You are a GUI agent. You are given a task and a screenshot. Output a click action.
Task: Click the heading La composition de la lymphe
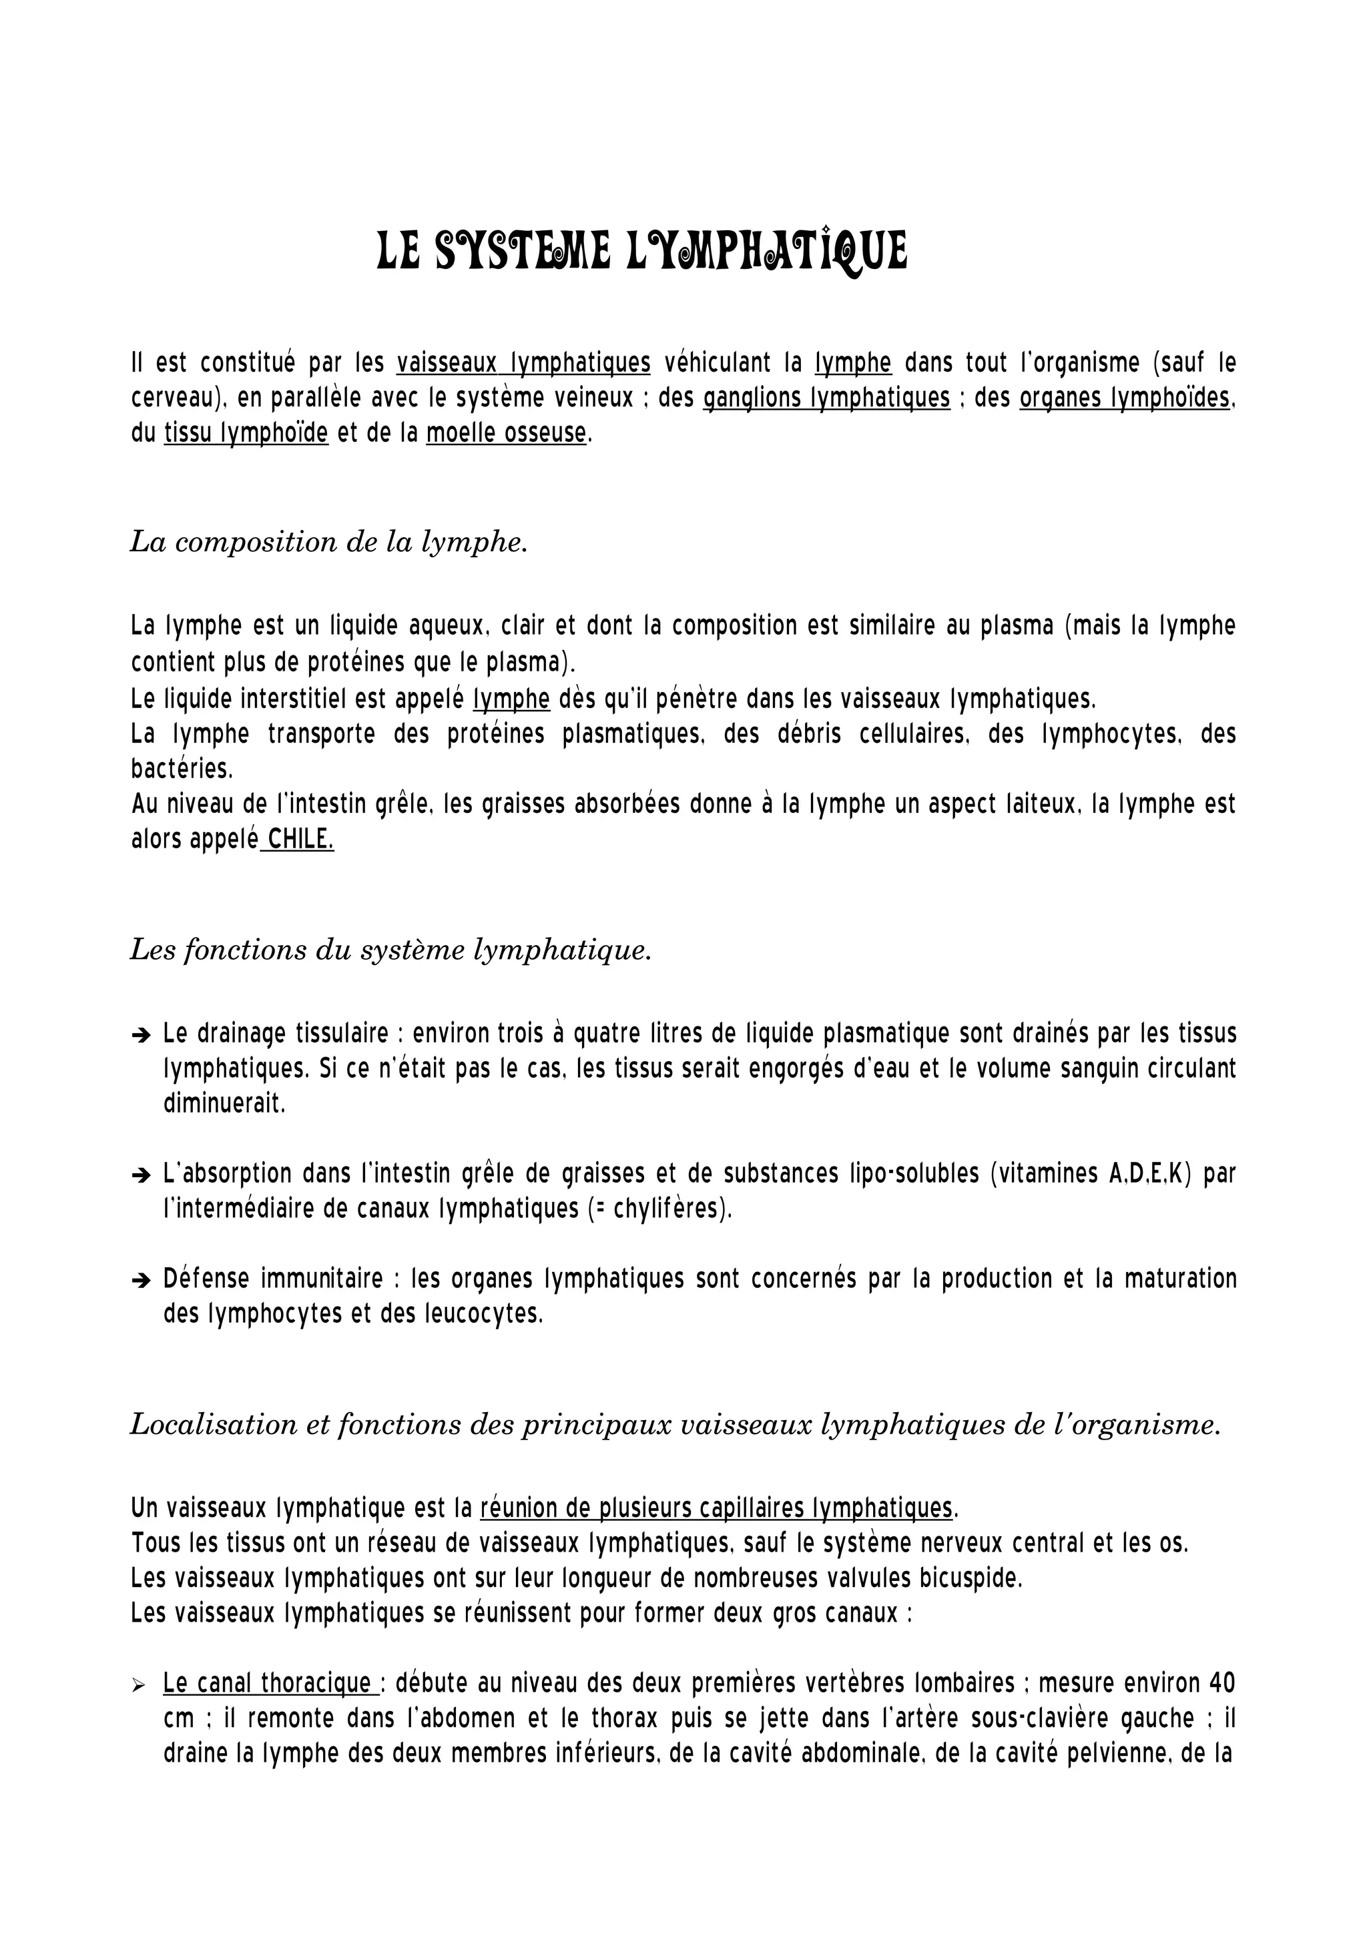click(328, 542)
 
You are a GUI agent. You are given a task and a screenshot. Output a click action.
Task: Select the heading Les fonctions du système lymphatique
click(391, 949)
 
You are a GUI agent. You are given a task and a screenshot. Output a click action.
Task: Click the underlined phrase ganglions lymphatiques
click(826, 398)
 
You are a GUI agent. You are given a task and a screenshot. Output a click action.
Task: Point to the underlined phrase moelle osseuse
click(505, 433)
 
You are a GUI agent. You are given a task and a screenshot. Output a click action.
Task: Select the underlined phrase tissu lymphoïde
click(246, 433)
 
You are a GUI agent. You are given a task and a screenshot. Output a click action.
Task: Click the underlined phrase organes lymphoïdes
click(1125, 398)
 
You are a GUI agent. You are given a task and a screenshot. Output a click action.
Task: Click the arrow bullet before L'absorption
click(141, 1175)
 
